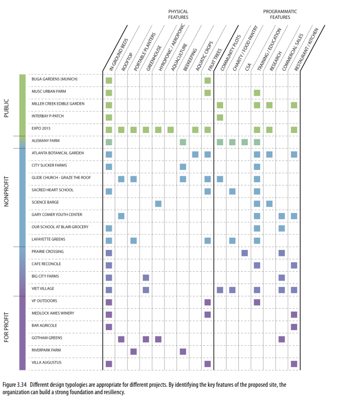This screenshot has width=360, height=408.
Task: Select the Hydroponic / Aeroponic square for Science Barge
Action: (158, 204)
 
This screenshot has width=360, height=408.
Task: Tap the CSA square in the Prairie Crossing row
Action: (244, 253)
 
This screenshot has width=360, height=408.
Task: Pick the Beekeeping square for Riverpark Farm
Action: (183, 351)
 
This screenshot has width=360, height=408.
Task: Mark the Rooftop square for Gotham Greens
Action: (121, 339)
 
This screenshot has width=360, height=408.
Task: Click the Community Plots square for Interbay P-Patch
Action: (220, 117)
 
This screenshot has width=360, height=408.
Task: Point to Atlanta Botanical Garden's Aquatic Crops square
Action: (195, 154)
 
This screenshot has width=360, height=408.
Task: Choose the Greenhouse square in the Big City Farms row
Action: (146, 278)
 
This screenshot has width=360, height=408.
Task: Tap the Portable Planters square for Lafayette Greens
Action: (134, 241)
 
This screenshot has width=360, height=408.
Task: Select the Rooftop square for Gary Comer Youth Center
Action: (121, 216)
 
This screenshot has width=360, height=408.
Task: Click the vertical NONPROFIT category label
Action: (6, 191)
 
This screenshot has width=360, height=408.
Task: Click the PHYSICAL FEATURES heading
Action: (178, 14)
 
